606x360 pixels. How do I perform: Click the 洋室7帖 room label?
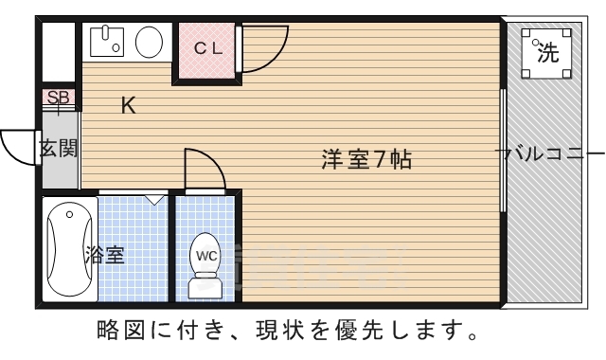pos(365,160)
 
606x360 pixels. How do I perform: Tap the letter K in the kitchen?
pos(128,106)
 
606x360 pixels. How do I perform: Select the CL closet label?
pos(208,48)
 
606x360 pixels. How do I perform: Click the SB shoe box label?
pos(58,98)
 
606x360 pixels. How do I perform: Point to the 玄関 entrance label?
pos(58,148)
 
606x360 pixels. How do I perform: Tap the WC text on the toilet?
pos(205,254)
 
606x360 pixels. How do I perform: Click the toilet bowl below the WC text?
pos(205,282)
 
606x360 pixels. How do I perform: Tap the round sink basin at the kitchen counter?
pos(149,43)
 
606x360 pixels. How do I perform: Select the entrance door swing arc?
pos(19,144)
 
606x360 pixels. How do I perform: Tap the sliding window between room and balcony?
pos(503,152)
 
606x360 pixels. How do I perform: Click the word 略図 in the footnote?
pos(119,332)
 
